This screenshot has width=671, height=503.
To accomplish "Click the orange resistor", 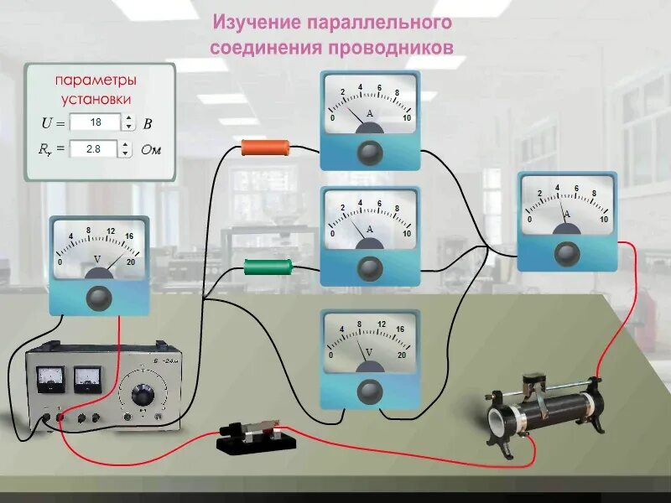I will pos(265,148).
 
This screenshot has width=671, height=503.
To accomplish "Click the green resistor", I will pos(268,267).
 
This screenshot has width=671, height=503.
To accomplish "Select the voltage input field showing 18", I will pos(95,122).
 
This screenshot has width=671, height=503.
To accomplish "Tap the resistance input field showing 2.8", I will pos(95,149).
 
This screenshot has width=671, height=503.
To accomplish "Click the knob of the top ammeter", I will pos(370,152).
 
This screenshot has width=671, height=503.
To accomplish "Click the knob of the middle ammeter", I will pos(370,268).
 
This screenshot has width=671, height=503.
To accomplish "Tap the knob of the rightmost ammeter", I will pos(567,252).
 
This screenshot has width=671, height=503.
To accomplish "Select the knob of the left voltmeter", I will pos(99,297).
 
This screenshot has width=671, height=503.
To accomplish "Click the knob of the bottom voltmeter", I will pos(370,390).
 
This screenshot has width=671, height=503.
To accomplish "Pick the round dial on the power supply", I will pos(143,394).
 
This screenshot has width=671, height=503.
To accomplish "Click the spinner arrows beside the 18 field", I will pos(128,122).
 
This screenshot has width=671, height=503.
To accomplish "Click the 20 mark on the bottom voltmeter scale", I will pos(403,355).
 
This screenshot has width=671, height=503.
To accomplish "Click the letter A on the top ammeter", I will pos(370,112).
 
